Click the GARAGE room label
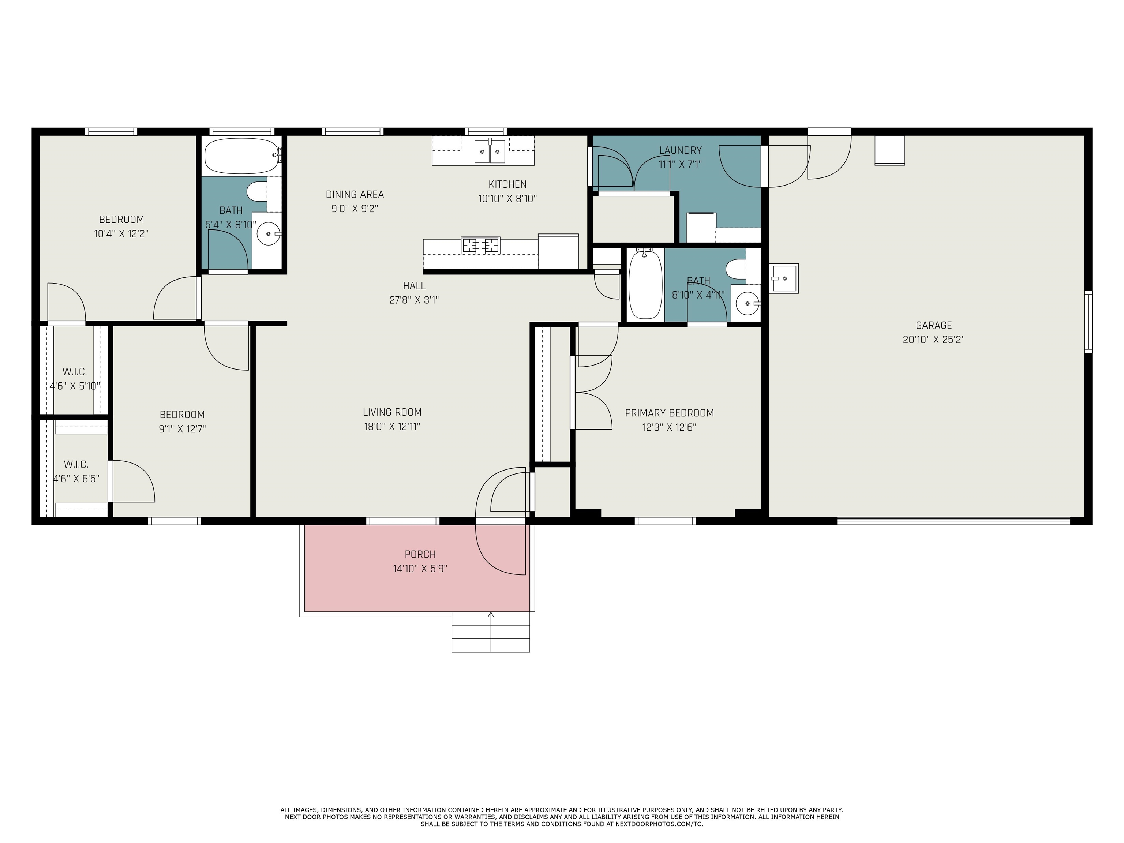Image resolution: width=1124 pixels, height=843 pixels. (933, 325)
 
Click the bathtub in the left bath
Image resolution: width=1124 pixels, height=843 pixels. (242, 156)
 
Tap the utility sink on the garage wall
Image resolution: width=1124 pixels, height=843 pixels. (783, 278)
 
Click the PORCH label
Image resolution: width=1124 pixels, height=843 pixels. (420, 554)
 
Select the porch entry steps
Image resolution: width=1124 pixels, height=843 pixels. (491, 632)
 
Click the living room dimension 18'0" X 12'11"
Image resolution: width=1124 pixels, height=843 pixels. (392, 426)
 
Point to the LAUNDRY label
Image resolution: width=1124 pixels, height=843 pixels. (681, 150)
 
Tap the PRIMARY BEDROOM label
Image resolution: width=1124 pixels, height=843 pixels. (669, 413)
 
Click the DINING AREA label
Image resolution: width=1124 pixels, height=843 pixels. (355, 194)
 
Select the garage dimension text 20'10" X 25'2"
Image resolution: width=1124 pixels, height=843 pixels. (933, 340)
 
